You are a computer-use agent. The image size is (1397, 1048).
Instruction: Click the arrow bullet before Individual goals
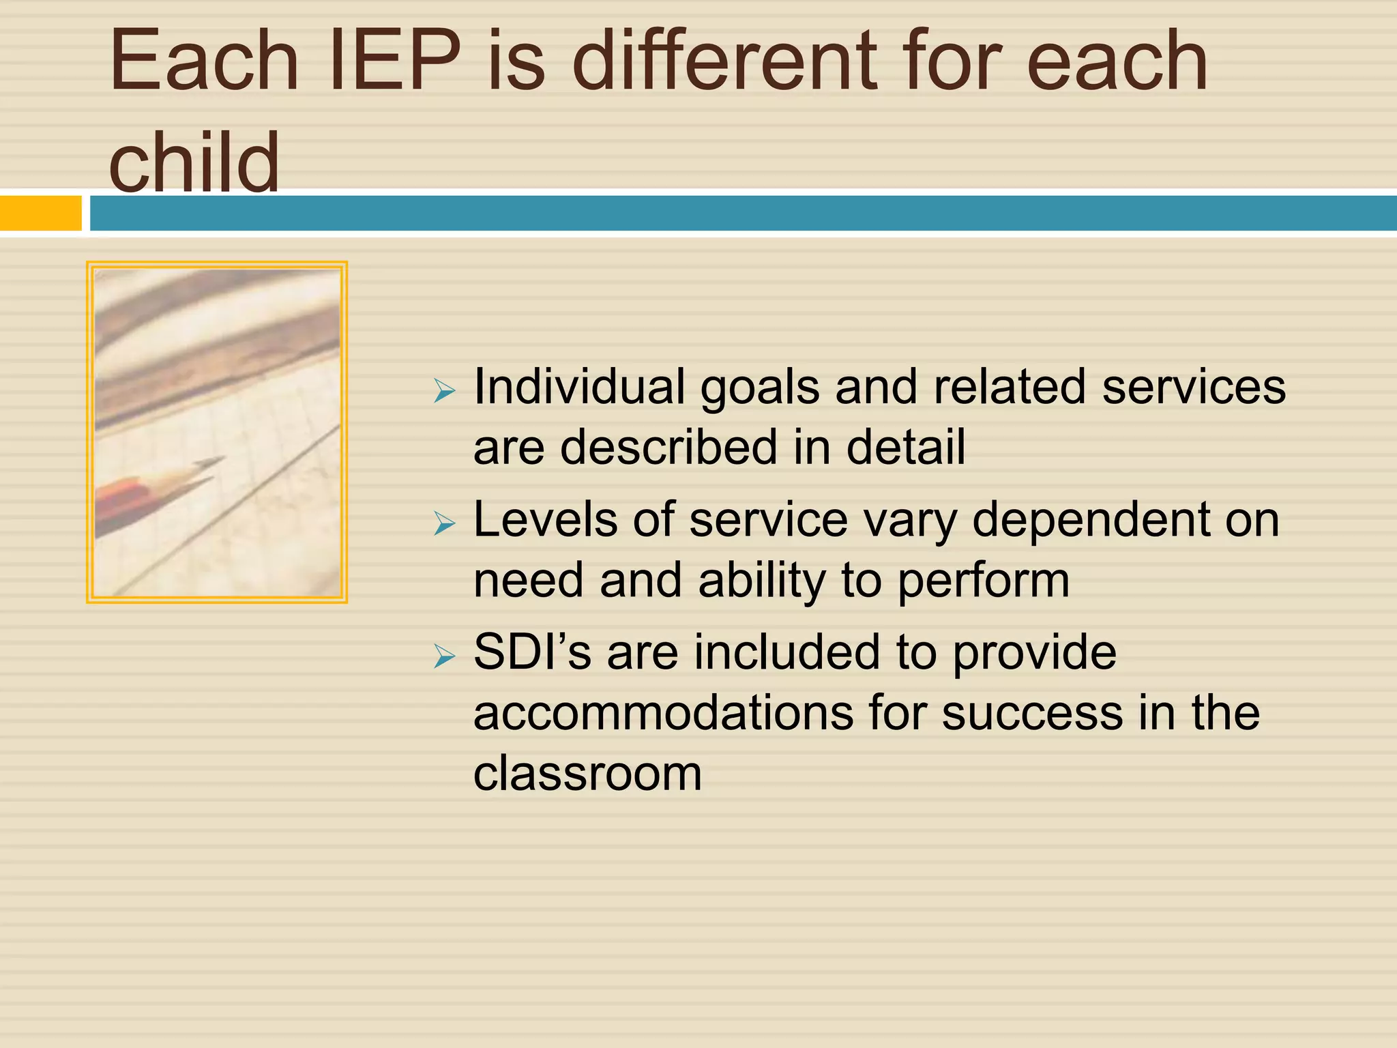click(x=444, y=392)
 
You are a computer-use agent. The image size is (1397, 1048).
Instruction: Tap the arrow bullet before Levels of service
click(x=444, y=524)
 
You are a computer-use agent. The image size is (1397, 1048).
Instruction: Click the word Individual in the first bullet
click(x=579, y=387)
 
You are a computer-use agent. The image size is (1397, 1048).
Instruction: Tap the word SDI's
click(x=532, y=652)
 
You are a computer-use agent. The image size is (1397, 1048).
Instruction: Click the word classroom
click(x=587, y=774)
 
